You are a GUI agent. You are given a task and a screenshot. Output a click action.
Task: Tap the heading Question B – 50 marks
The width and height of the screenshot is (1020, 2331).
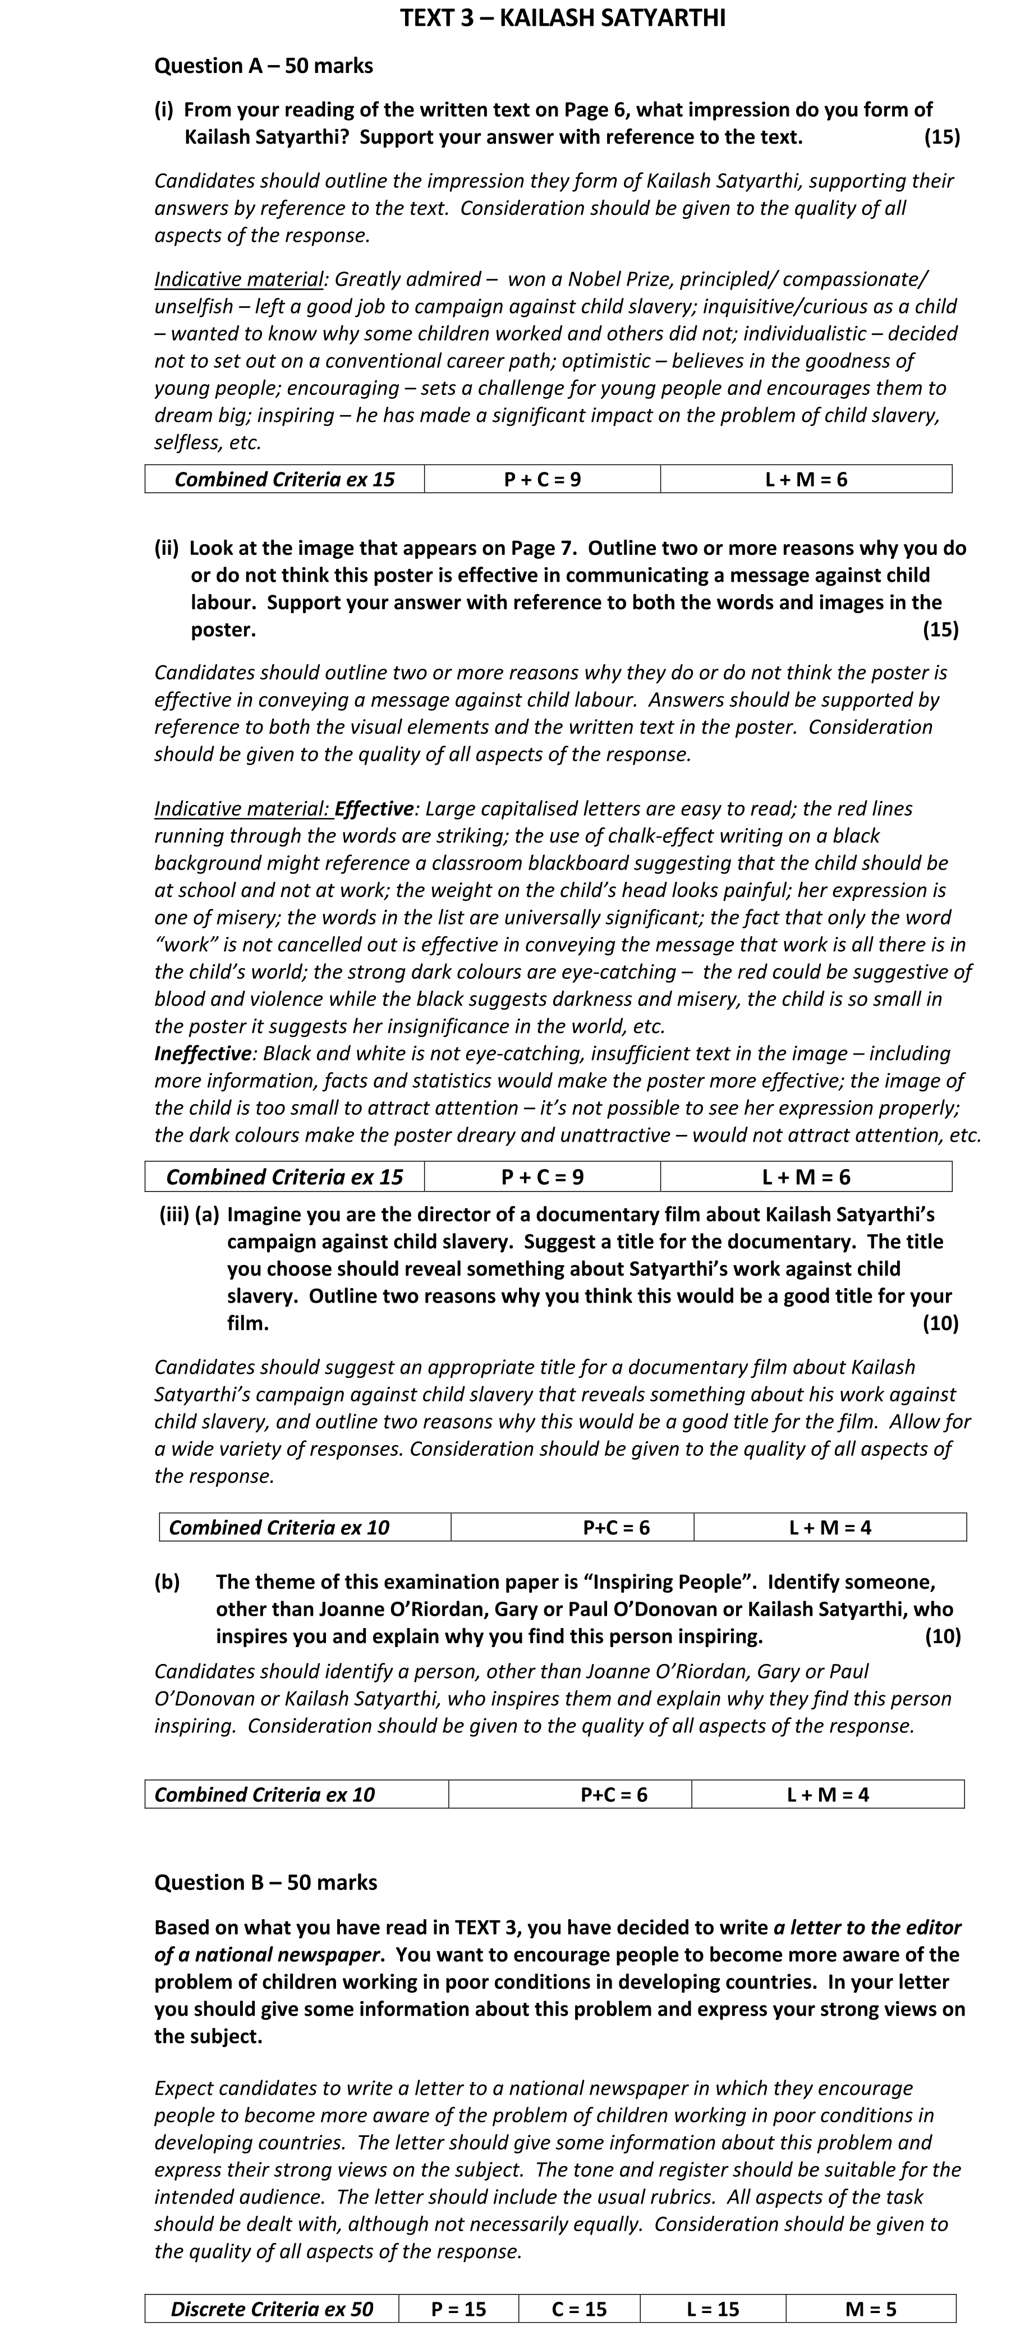[265, 1882]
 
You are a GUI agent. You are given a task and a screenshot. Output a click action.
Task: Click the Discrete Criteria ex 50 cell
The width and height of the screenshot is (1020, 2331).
[272, 2309]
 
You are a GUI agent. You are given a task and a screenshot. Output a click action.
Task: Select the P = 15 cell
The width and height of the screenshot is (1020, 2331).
[459, 2309]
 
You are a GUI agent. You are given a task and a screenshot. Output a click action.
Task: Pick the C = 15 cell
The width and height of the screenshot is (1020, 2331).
[579, 2309]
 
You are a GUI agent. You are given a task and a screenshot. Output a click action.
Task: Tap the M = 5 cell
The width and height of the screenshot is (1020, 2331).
[871, 2309]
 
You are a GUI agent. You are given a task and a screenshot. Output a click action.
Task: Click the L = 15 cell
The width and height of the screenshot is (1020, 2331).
[713, 2309]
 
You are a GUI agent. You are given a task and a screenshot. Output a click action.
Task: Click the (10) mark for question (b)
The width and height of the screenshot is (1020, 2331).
[942, 1636]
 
